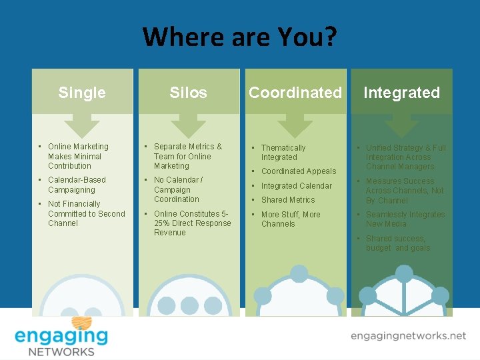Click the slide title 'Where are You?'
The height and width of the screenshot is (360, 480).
point(240,37)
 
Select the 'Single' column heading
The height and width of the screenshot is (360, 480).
point(82,93)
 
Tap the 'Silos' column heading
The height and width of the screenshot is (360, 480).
point(188,93)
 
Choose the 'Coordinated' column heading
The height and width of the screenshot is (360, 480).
point(295,93)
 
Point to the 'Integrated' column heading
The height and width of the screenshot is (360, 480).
point(401,93)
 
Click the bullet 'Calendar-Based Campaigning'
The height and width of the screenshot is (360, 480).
point(77,185)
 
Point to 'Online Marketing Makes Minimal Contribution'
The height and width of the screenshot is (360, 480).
point(77,156)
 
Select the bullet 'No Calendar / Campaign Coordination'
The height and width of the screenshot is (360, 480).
point(178,189)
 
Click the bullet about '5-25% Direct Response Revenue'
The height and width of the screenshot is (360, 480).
point(192,223)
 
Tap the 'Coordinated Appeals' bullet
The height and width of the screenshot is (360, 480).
point(298,171)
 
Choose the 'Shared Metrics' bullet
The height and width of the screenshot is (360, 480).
point(288,200)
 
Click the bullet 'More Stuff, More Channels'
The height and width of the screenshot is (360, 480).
point(290,219)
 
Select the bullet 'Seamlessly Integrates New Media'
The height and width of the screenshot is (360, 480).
point(405,219)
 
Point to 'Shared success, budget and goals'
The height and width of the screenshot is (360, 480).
point(398,243)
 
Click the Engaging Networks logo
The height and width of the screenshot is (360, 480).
point(61,335)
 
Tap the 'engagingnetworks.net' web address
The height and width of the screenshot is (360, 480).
point(408,336)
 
